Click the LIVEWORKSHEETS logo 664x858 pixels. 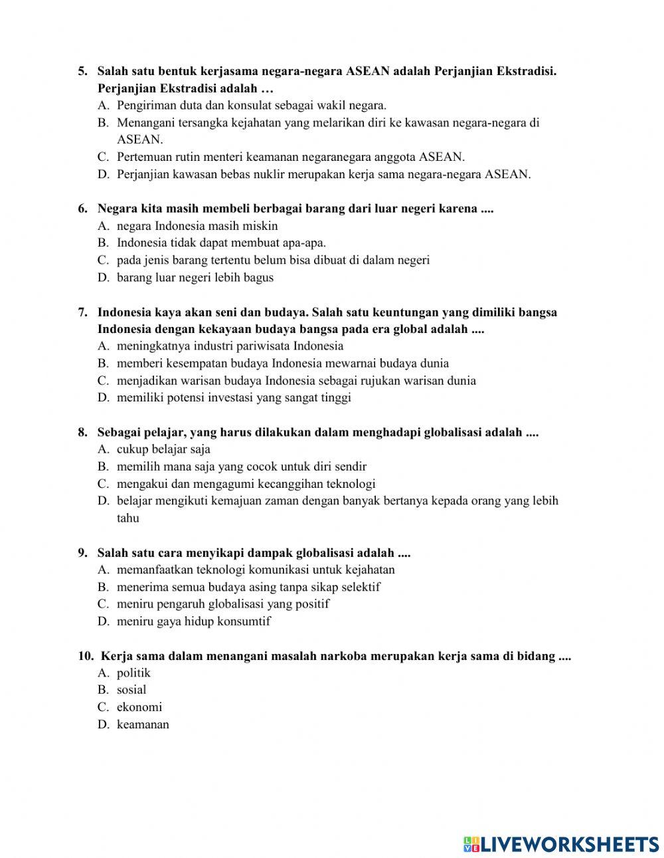pos(560,843)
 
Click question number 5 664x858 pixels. pos(82,70)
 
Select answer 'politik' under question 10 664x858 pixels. pos(133,673)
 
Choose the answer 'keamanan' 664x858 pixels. pos(143,724)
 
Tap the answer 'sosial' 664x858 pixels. pos(131,690)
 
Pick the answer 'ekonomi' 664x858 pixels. pos(139,707)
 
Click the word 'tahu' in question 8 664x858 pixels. pos(128,518)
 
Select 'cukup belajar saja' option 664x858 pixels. pos(163,449)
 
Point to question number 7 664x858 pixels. pos(82,312)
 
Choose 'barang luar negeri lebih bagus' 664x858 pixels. pos(195,278)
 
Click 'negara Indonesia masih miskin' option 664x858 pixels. pos(197,226)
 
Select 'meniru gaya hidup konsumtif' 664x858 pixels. pos(194,621)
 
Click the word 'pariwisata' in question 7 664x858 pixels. pos(265,346)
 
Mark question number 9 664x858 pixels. pos(82,552)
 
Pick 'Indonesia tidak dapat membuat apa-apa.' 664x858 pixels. pos(221,243)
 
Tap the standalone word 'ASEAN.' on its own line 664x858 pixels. pos(139,140)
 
